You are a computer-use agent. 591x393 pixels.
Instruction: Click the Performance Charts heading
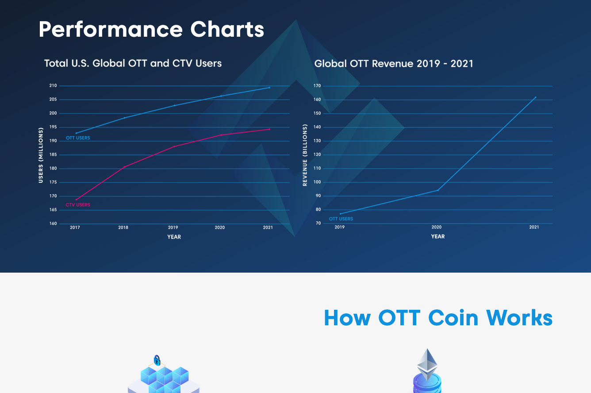151,30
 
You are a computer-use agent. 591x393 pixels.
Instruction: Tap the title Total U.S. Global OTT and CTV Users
133,63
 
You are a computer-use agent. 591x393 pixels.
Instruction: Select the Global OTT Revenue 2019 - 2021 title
394,64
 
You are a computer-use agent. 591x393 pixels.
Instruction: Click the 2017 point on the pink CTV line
76,200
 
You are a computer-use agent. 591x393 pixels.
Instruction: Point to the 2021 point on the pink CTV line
269,129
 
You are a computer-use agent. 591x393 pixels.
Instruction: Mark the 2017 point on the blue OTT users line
76,133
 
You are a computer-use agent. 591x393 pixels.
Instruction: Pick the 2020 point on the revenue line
437,190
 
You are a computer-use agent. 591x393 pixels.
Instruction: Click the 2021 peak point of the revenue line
535,97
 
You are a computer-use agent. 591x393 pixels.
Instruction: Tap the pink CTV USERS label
78,205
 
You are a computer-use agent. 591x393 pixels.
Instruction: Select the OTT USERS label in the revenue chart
341,219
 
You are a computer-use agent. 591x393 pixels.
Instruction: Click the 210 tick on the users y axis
53,85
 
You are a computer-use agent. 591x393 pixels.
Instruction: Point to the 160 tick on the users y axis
53,223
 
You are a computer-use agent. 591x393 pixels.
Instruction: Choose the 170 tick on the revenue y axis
317,85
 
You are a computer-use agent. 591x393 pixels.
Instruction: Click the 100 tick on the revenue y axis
317,182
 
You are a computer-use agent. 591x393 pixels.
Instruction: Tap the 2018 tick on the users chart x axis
123,227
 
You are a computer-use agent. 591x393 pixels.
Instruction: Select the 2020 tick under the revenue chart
437,227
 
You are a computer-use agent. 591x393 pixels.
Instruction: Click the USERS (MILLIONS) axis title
41,155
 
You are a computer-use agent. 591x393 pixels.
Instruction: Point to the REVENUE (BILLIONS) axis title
305,155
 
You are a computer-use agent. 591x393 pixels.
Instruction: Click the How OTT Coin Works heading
438,318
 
